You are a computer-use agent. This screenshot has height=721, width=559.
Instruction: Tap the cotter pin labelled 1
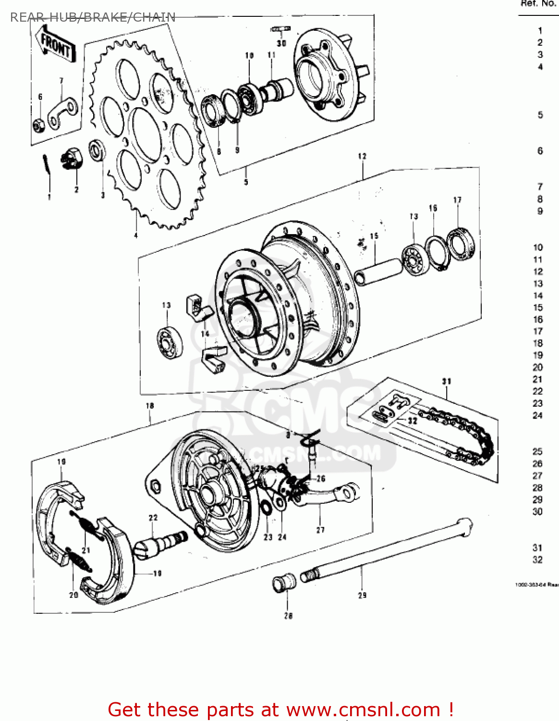[46, 166]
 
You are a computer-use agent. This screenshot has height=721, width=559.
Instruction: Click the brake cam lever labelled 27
[331, 496]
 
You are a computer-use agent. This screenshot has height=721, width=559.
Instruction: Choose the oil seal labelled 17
[461, 245]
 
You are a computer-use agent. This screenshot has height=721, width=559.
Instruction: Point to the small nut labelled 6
[39, 125]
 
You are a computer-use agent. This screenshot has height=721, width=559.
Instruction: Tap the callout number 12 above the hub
[362, 156]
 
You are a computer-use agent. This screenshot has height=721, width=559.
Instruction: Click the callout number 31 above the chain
[447, 381]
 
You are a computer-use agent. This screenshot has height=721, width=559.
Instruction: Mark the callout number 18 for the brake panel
[150, 406]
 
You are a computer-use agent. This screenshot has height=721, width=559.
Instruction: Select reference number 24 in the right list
[537, 415]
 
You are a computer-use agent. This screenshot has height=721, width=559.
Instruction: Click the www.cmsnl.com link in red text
[363, 709]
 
